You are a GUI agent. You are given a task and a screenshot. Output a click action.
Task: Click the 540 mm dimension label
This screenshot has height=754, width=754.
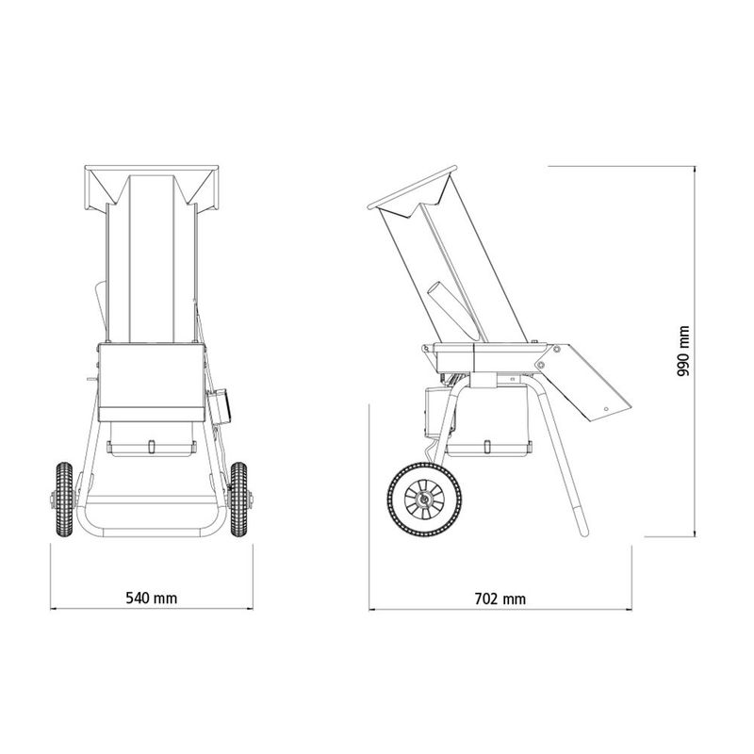coord(152,598)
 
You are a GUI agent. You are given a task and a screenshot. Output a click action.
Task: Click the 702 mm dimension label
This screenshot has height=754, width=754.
coord(500,598)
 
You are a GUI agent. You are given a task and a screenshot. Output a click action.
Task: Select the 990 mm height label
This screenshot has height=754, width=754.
coord(683,351)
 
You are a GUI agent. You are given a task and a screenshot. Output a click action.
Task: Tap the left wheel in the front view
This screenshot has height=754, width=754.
coord(64,500)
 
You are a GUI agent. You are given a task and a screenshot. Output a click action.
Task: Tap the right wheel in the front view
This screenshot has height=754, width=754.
coord(238,500)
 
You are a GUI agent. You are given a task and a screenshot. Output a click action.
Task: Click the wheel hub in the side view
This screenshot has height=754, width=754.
coord(424,500)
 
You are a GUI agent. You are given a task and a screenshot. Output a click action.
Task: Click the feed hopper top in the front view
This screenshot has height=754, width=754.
coord(152,188)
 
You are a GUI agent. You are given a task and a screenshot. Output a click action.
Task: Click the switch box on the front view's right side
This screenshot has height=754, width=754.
coord(219,407)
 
